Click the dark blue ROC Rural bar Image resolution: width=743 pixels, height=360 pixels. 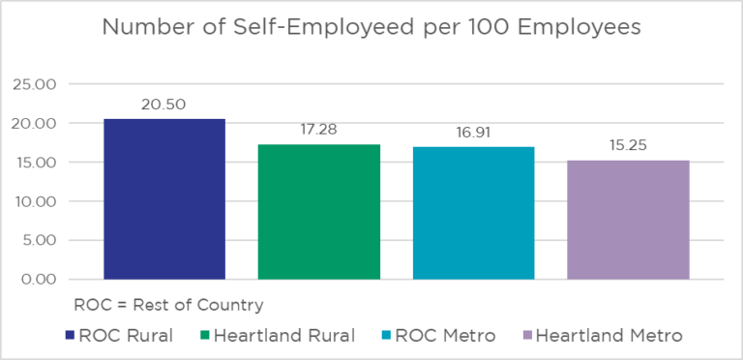(x=164, y=199)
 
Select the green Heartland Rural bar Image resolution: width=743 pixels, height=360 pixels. (x=318, y=212)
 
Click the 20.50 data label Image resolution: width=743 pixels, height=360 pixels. (x=164, y=103)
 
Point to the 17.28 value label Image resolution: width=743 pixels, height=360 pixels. (x=318, y=129)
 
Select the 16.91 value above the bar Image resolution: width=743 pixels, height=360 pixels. (x=473, y=132)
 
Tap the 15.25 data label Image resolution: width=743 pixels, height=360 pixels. (x=628, y=145)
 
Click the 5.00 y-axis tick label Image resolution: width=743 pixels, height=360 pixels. (x=37, y=240)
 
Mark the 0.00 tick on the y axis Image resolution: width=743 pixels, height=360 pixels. (x=37, y=279)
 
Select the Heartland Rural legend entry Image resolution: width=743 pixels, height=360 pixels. (x=280, y=336)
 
